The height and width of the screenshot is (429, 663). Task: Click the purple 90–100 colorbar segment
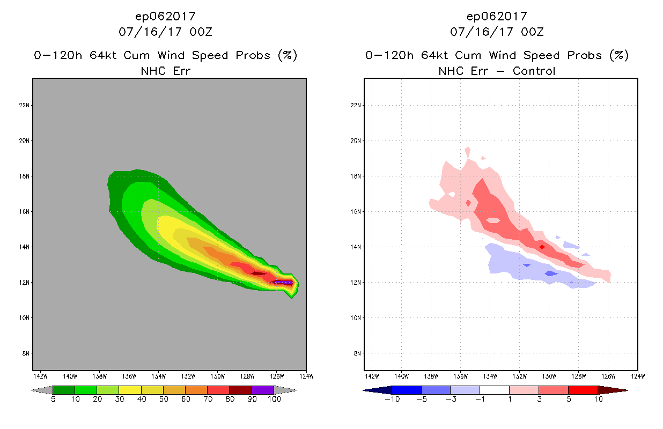coord(263,390)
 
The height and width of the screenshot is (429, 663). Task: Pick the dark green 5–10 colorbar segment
coord(64,390)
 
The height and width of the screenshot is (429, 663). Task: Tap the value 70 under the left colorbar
coord(207,399)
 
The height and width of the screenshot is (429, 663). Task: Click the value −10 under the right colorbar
coord(392,399)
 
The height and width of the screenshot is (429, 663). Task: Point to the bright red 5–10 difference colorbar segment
coord(583,390)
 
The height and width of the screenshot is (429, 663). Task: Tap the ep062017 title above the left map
coord(165,17)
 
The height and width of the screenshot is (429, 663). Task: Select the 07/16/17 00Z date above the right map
coord(497,32)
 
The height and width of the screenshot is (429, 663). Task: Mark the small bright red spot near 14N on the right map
coord(542,247)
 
